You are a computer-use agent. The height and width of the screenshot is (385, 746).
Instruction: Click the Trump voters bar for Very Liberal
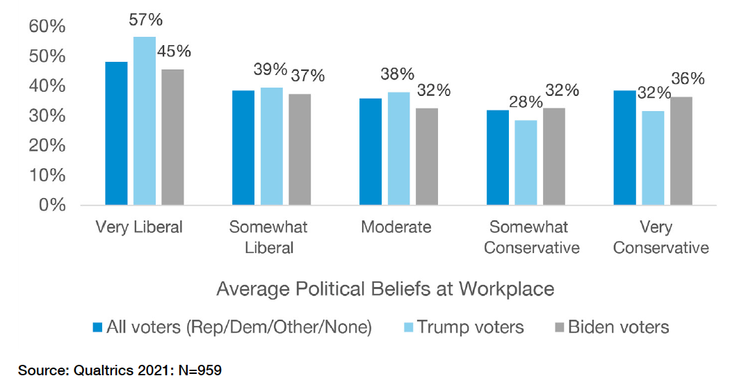(x=145, y=121)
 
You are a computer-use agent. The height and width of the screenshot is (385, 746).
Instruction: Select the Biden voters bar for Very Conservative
(x=681, y=151)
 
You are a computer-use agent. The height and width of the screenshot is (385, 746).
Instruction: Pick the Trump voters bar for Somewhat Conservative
(x=526, y=163)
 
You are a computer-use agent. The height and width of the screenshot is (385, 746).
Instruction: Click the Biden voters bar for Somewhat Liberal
(x=300, y=149)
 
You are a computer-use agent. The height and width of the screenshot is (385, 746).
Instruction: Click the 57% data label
(x=146, y=20)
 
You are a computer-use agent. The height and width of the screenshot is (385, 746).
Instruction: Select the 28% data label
(x=526, y=102)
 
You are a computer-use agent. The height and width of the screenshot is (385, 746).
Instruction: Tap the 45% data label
(x=174, y=51)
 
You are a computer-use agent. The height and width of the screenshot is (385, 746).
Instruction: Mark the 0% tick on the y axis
(x=52, y=205)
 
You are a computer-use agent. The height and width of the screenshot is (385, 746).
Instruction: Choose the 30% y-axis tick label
(x=47, y=116)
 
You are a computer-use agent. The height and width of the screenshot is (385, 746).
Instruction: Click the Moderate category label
(x=396, y=227)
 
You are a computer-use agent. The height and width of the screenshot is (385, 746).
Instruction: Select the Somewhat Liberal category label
(x=268, y=238)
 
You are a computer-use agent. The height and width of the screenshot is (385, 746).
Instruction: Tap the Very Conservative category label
(x=661, y=238)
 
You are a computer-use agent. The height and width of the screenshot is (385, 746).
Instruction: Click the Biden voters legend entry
(x=610, y=327)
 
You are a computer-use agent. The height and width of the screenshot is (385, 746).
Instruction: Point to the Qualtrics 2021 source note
(x=120, y=370)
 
